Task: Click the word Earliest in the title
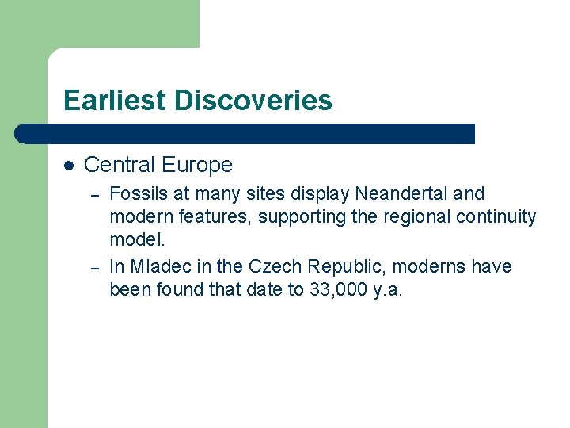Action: tap(114, 101)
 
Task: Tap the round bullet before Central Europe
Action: tap(69, 166)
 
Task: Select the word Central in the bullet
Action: tap(119, 165)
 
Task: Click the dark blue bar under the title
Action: tap(245, 134)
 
